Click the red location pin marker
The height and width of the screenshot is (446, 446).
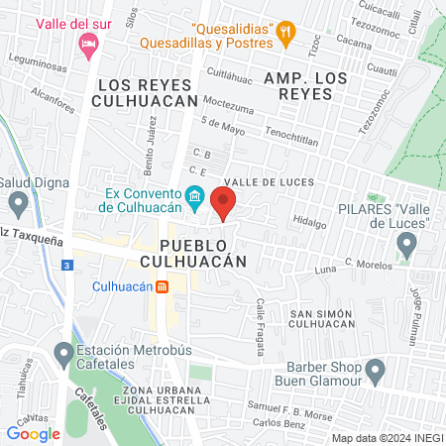click(224, 204)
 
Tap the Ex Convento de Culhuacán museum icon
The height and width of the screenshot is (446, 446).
click(195, 196)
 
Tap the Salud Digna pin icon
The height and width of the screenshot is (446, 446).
click(18, 205)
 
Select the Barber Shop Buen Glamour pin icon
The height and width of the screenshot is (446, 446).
click(375, 372)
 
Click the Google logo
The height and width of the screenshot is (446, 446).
click(33, 433)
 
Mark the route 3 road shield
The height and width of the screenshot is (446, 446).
click(66, 266)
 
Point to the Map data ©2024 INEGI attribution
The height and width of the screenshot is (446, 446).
click(387, 438)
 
